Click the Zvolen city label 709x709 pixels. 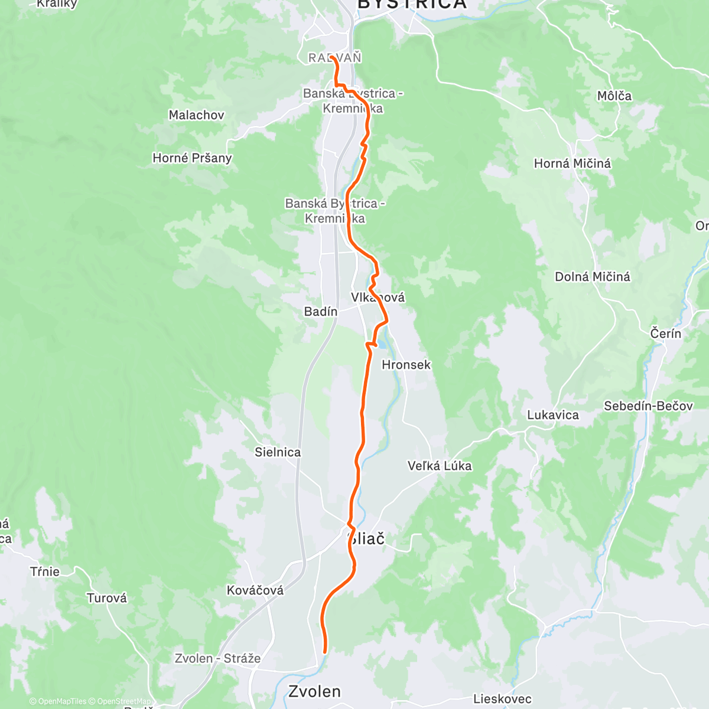click(x=314, y=691)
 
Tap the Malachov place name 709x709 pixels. click(x=196, y=115)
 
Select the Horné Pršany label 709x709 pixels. click(x=192, y=158)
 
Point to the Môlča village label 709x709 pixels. click(x=614, y=96)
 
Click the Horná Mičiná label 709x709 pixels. click(x=572, y=163)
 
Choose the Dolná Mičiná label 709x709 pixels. click(x=592, y=277)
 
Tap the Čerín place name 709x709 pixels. click(x=665, y=333)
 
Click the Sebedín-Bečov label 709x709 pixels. click(x=648, y=406)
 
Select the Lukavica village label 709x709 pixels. click(x=552, y=415)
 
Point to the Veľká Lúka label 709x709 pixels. click(x=440, y=466)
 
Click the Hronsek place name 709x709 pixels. click(x=406, y=365)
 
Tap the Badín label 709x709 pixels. click(x=321, y=311)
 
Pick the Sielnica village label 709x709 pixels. click(x=278, y=452)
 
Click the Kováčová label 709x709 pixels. click(x=255, y=590)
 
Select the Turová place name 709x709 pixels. click(x=107, y=598)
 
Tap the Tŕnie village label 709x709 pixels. click(x=45, y=571)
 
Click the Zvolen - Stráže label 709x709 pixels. click(x=217, y=658)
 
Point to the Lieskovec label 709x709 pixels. click(x=502, y=699)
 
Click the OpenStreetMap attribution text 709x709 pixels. click(x=123, y=701)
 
